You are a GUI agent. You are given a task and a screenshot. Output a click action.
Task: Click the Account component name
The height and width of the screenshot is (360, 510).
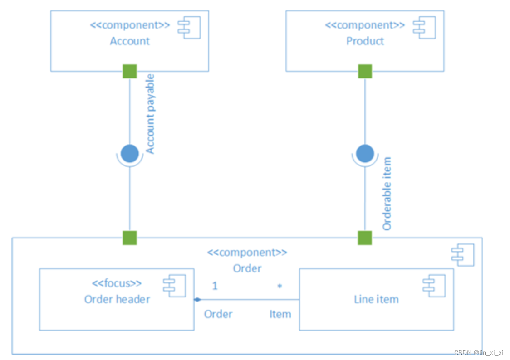coord(130,41)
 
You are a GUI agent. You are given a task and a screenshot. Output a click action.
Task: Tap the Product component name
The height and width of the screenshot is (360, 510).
coord(365,41)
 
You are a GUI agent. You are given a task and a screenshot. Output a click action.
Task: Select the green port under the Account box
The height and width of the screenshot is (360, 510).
coord(130,71)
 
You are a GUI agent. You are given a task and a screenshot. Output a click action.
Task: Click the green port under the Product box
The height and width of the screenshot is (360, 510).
coord(365,71)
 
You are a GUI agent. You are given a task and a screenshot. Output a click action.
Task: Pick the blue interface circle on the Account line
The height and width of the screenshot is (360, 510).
coord(130,153)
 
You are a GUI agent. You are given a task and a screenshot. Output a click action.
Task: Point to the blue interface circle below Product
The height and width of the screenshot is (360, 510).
coord(365,153)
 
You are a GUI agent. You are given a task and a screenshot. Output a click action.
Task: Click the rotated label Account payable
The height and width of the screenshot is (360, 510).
coord(150,114)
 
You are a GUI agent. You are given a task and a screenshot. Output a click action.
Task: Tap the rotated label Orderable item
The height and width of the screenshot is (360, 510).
coord(387,194)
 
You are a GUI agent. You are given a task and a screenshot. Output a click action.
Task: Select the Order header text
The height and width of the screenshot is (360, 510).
coord(117,299)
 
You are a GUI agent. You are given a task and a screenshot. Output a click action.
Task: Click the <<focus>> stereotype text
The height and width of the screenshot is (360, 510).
coord(117,283)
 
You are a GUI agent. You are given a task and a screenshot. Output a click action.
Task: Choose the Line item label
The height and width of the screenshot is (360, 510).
coord(376,299)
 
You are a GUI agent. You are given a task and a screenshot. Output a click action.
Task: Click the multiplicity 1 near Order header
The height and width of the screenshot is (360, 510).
coord(215,286)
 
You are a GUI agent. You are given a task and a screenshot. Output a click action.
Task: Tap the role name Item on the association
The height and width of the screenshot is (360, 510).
coord(280,314)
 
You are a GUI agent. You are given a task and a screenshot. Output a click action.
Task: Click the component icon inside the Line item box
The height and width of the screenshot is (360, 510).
coord(435,286)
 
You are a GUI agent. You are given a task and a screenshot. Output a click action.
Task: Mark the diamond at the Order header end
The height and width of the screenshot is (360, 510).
coord(197,300)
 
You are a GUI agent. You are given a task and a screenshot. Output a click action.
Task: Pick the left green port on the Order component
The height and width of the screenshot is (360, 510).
coord(130,238)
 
